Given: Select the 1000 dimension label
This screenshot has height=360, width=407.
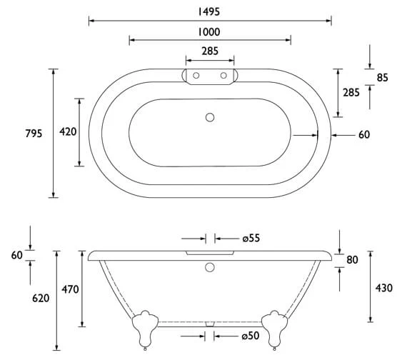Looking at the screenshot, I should tap(209, 31).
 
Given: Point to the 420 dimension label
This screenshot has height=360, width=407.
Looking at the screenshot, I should tap(68, 132).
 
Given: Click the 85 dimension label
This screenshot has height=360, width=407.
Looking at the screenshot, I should tap(382, 77).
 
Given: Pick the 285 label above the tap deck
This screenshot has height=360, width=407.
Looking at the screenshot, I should tap(209, 51).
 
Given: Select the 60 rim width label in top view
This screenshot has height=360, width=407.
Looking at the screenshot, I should tap(364, 134).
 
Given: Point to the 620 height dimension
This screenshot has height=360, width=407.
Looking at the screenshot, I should tap(41, 299).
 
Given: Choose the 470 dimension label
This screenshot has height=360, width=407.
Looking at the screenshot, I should tap(69, 289).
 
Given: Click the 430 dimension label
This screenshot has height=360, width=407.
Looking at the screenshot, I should tap(384, 288).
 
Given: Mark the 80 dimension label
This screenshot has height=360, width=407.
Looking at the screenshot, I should tap(352, 260).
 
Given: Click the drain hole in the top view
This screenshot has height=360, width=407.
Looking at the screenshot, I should tap(209, 116).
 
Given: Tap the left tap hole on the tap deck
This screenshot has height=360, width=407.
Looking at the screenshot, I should tap(194, 74).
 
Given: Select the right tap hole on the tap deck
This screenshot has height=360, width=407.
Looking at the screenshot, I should tap(223, 74).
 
